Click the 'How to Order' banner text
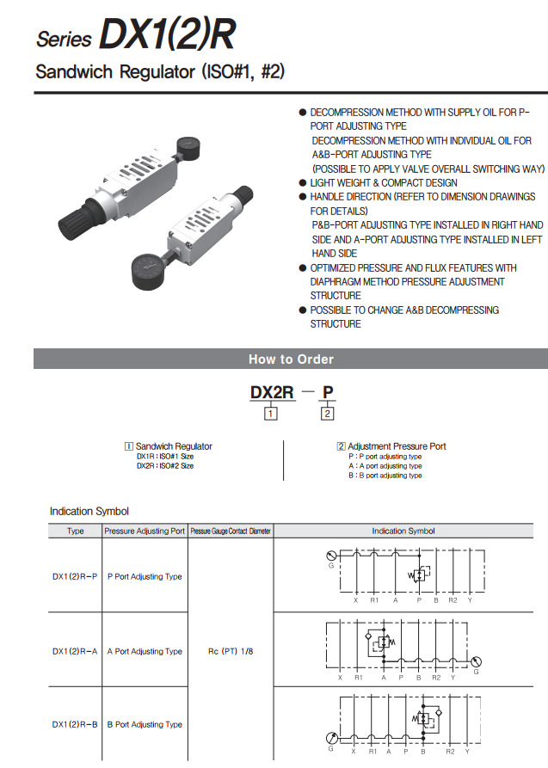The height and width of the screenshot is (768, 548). tap(291, 359)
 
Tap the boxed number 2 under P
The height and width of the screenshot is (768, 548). tap(327, 414)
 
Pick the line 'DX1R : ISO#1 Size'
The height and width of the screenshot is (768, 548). tap(164, 456)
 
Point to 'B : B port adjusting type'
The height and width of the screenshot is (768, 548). tap(385, 475)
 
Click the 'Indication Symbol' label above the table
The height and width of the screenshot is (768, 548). tap(89, 511)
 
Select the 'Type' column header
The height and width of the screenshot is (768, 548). tap(76, 531)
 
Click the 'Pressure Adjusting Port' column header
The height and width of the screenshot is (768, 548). tap(145, 531)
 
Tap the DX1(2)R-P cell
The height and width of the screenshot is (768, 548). tap(75, 576)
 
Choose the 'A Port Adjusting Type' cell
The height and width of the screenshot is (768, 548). tap(145, 651)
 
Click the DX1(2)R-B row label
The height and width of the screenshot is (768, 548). tap(75, 724)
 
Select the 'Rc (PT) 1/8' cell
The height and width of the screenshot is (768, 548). tap(231, 651)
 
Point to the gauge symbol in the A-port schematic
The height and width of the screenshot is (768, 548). tap(476, 661)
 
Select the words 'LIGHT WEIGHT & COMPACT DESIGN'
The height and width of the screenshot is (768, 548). tap(383, 182)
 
